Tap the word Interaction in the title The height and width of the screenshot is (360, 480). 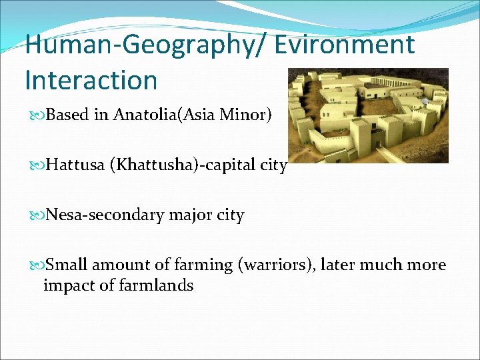[x=91, y=80]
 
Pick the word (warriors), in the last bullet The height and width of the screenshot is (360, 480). [x=275, y=265]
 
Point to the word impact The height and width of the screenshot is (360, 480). [x=64, y=285]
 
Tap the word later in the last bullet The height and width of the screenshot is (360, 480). [x=337, y=265]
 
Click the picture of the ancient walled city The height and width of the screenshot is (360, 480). [x=368, y=115]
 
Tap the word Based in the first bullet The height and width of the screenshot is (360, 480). [x=68, y=115]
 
